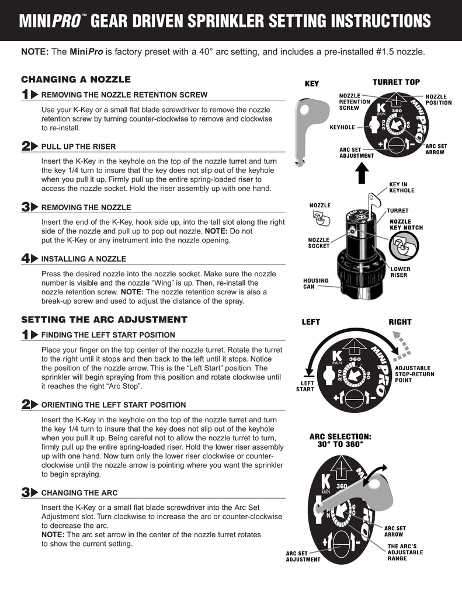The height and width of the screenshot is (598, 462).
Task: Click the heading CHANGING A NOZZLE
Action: pos(76,79)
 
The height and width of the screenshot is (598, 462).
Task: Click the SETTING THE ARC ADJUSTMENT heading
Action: pos(104,319)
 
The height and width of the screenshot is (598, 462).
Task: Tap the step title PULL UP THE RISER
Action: pos(78,146)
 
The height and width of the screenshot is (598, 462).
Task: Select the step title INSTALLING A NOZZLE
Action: pos(84,258)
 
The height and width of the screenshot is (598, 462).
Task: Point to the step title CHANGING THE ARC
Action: pos(79,492)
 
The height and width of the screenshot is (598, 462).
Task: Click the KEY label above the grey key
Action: pos(312,84)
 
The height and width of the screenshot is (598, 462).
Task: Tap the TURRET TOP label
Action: pos(396,82)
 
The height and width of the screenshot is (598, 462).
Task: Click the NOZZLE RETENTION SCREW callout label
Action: pos(355,102)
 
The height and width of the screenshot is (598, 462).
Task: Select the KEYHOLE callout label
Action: pos(342,127)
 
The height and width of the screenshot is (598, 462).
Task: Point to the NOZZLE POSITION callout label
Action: pos(438,99)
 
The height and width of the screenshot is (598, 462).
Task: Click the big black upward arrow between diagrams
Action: pos(362,173)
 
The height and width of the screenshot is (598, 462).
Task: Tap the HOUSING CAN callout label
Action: pos(316,284)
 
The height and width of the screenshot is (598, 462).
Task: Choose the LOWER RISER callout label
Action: pos(400,272)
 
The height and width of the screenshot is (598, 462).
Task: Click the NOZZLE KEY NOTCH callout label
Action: pos(406,225)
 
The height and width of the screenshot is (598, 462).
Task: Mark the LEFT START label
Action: pos(305,385)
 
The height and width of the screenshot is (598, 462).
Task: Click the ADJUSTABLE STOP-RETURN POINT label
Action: pos(415,373)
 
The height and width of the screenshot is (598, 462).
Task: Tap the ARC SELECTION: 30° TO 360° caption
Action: pos(341,440)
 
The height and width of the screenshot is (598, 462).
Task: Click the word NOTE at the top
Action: pos(34,51)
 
